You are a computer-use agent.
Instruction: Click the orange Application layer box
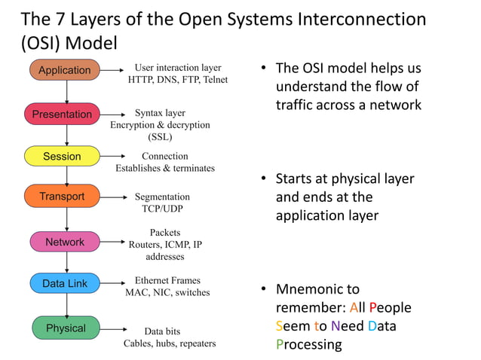[x=65, y=70]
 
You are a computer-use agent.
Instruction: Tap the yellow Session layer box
[x=62, y=157]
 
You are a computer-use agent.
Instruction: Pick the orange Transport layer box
[x=62, y=197]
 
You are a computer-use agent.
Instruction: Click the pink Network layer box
[x=65, y=242]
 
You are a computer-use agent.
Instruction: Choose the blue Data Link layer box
[x=65, y=283]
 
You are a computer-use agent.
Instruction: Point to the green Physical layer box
[x=66, y=328]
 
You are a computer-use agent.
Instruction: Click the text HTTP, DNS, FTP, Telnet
[x=177, y=80]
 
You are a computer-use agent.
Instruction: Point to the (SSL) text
[x=160, y=137]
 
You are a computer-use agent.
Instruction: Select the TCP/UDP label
[x=162, y=209]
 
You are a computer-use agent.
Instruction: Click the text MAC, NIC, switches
[x=167, y=292]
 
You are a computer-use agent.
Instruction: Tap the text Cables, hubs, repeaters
[x=170, y=343]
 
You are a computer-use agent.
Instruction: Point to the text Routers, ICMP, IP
[x=165, y=245]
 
